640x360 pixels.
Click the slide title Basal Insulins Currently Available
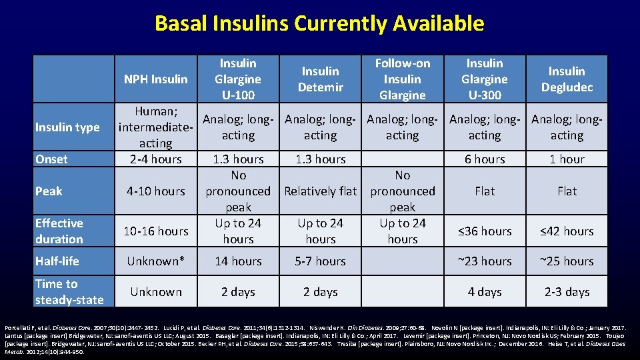319,23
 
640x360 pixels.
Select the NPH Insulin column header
155,79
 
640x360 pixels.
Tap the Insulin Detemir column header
320,79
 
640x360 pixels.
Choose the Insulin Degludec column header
567,79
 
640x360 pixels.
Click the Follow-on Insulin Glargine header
403,79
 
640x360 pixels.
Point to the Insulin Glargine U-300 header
485,79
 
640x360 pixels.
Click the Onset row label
52,159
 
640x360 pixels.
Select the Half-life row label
57,261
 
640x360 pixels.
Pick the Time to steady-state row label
69,292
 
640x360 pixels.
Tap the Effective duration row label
59,231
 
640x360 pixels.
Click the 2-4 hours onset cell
155,159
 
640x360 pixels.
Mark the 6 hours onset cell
485,159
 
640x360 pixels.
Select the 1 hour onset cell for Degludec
567,159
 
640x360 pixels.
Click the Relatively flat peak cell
320,191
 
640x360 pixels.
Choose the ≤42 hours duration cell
567,231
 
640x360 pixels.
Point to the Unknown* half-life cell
155,261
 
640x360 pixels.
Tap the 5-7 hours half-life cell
320,261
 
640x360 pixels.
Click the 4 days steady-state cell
485,292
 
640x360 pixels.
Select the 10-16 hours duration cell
155,231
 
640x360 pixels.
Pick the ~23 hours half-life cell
485,261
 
